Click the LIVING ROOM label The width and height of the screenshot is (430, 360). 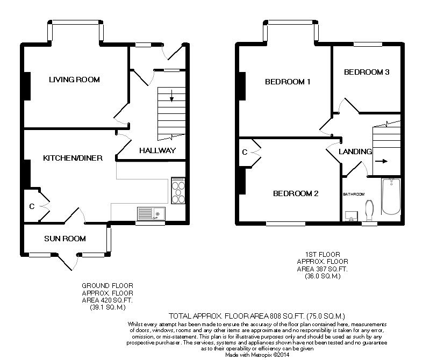[x=74, y=80]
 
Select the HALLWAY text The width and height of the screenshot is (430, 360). [x=157, y=150]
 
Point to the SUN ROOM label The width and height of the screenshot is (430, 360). [x=65, y=239]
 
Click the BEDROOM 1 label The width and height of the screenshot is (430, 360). [x=288, y=82]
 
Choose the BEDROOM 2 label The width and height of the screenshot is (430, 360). [x=296, y=193]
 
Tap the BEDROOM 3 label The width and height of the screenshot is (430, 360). [x=367, y=72]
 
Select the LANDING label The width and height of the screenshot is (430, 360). [x=355, y=152]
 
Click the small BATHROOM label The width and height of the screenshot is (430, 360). [x=354, y=194]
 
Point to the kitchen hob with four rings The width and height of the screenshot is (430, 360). [x=177, y=191]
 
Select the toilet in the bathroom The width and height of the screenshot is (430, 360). [x=369, y=211]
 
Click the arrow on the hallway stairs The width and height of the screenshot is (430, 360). [x=171, y=97]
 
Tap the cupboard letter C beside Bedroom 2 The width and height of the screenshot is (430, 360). [x=245, y=152]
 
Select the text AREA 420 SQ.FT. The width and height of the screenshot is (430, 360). [x=107, y=300]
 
